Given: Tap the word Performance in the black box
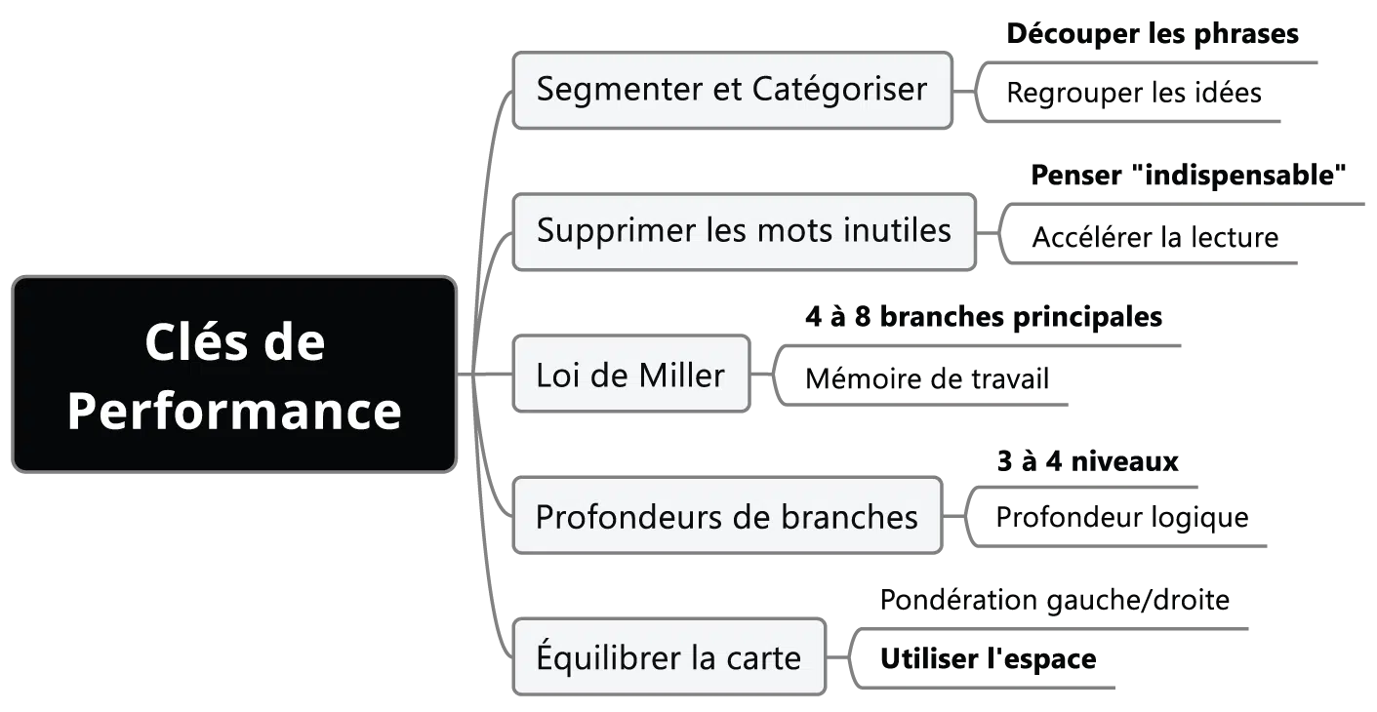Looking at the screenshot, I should (234, 411).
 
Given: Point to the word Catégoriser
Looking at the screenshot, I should (839, 89).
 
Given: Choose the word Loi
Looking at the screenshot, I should (559, 375).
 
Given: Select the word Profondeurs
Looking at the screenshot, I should (623, 516).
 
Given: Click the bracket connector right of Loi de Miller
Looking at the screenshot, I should (773, 376).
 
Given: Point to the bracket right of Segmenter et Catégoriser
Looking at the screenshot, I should (972, 90).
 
